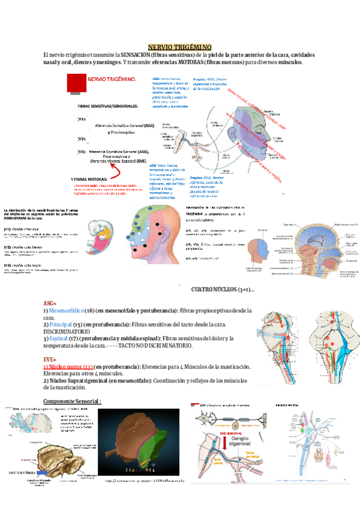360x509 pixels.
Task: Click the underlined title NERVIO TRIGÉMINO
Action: (179, 47)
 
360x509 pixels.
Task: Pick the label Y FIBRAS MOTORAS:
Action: (89, 179)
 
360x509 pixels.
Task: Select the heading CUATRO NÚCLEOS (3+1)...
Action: (222, 290)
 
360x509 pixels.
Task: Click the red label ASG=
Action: (50, 304)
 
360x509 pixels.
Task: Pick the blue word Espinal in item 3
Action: (59, 339)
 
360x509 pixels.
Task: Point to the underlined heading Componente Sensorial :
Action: (73, 401)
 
